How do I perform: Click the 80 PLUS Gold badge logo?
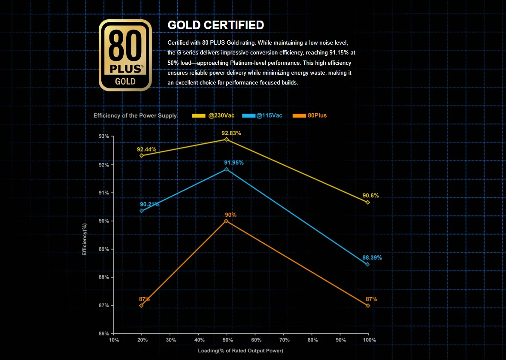125,55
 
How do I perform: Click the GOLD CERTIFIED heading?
215,25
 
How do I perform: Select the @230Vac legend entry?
213,115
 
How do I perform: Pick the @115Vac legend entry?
262,115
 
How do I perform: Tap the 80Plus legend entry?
309,115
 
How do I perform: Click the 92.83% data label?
231,133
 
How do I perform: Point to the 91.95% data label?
234,163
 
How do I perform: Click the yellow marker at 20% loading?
142,155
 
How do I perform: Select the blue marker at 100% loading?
368,264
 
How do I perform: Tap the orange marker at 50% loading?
226,221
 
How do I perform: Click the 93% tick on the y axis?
103,136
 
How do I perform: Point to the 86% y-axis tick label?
103,333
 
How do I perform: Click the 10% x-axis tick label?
114,340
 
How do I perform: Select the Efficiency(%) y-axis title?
85,239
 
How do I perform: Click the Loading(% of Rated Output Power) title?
240,351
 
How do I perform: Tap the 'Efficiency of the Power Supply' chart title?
135,115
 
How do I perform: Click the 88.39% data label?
372,258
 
